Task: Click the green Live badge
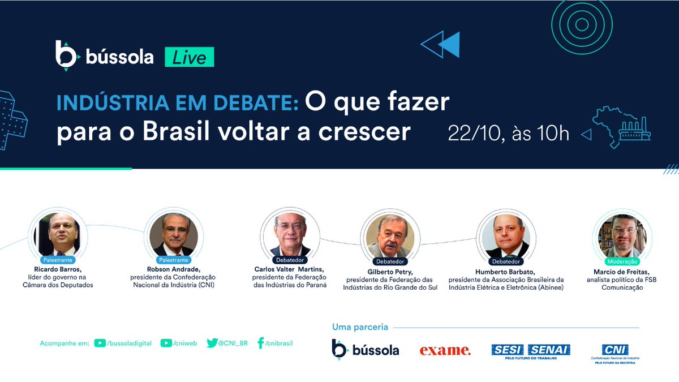[x=189, y=58]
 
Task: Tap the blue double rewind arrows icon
[x=441, y=44]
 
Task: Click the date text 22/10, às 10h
[x=508, y=134]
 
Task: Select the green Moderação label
[x=622, y=261]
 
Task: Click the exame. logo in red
[x=445, y=350]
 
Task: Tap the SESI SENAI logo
[x=530, y=351]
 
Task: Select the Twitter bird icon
[x=212, y=343]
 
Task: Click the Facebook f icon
[x=261, y=343]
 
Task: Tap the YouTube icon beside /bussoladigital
[x=100, y=343]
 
